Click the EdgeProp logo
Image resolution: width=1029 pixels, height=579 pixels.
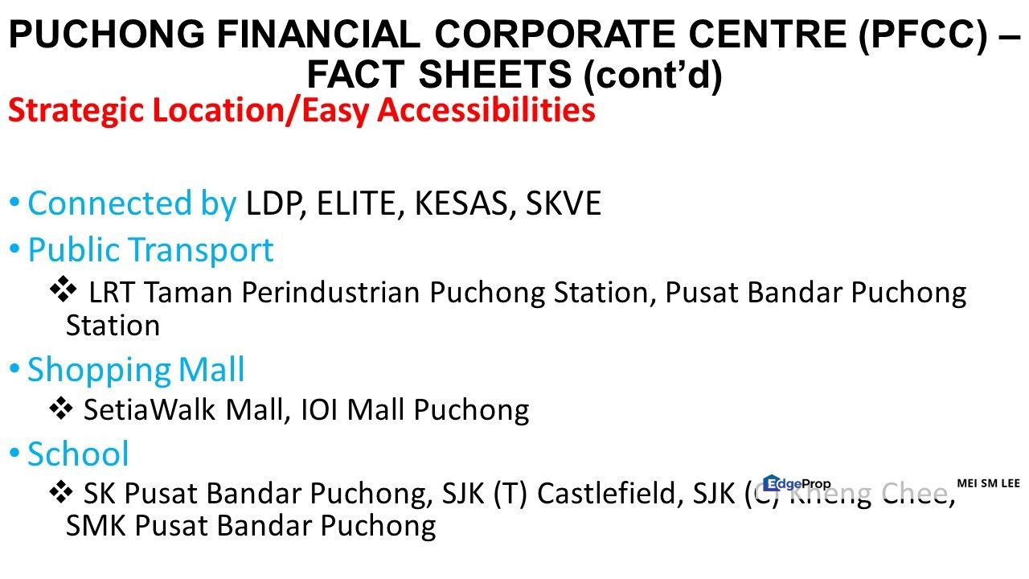point(796,483)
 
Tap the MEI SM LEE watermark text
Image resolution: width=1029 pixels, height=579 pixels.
point(988,483)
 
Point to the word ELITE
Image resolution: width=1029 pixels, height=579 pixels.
point(361,204)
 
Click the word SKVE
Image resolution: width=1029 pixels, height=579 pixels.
point(563,204)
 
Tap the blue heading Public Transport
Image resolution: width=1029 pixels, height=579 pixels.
point(150,250)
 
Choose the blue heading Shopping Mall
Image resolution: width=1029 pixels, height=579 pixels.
point(136,370)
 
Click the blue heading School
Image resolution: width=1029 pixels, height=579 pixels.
point(78,454)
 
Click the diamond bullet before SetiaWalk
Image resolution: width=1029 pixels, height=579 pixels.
point(62,409)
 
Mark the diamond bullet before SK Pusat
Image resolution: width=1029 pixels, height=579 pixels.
point(62,491)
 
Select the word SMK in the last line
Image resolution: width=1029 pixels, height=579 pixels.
point(96,526)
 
